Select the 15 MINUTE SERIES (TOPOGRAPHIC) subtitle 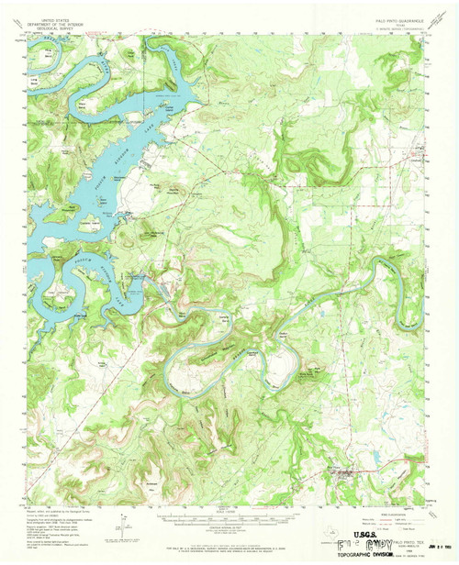395,17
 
